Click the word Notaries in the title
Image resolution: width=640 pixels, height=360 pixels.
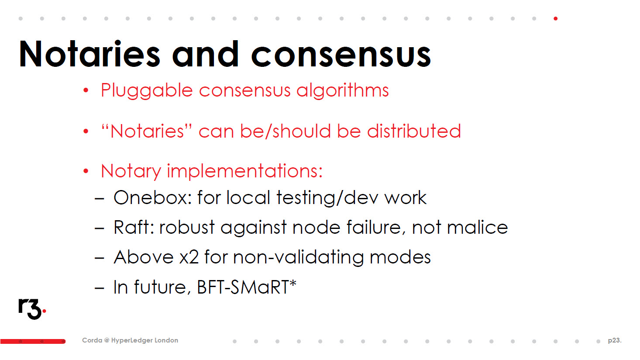click(x=89, y=54)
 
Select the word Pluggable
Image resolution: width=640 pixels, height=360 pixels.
click(x=147, y=90)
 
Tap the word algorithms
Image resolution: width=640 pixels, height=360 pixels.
click(x=343, y=90)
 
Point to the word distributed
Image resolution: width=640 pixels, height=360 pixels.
click(x=414, y=131)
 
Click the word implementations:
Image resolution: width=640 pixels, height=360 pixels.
click(x=244, y=172)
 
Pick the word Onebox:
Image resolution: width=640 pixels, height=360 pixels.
click(x=153, y=197)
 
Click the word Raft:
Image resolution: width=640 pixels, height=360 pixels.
click(x=134, y=227)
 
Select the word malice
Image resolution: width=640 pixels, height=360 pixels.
click(x=477, y=227)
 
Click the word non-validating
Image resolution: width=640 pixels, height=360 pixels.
click(x=299, y=257)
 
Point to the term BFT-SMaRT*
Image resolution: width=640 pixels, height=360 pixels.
click(x=247, y=287)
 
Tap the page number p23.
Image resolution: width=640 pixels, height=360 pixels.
click(x=615, y=340)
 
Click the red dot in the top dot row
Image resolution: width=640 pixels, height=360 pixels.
click(x=555, y=19)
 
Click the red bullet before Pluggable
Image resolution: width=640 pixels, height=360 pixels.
click(x=86, y=90)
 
